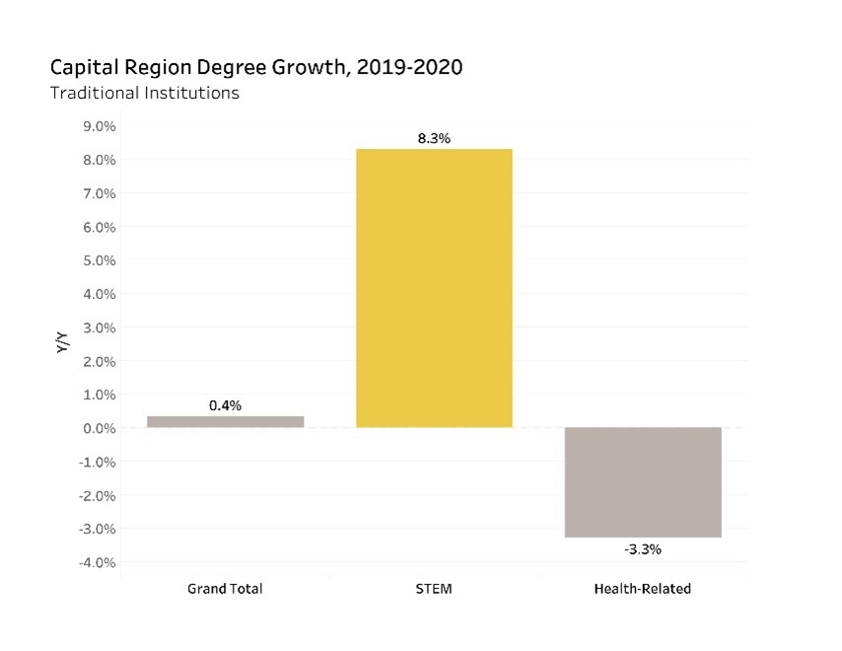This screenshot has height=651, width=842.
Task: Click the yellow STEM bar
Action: point(434,288)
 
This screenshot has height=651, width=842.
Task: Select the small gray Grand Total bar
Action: point(225,421)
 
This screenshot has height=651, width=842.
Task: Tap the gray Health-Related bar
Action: point(643,482)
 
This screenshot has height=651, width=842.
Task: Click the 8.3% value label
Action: point(434,139)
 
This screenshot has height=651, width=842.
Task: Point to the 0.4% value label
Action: point(225,405)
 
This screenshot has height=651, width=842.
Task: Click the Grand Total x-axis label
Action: point(225,589)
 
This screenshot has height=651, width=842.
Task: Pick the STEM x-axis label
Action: point(434,589)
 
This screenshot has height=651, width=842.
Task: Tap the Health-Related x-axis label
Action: point(643,589)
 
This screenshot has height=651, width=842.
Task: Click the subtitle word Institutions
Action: point(190,95)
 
